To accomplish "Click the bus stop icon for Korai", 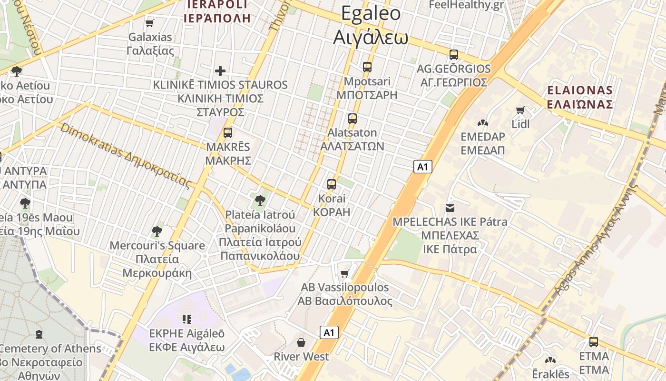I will tap(332, 184).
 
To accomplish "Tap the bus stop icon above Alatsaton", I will tap(352, 118).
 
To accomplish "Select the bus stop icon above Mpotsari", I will tap(367, 67).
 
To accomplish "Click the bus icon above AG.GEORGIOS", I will tap(454, 54).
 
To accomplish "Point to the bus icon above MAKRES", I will tap(228, 132).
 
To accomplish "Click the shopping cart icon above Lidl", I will tap(520, 110).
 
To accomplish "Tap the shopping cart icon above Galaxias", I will tap(150, 23).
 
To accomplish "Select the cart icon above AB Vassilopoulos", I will tap(345, 273).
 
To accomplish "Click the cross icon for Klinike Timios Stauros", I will tap(220, 71).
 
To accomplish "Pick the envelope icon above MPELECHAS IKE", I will tap(450, 208).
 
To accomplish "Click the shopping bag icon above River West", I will tap(301, 342).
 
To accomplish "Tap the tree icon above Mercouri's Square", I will tap(157, 231).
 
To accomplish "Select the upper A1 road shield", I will tap(422, 167).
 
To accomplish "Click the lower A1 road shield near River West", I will tap(329, 332).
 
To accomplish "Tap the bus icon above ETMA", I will tap(594, 341).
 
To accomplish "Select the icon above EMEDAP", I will tap(483, 123).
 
